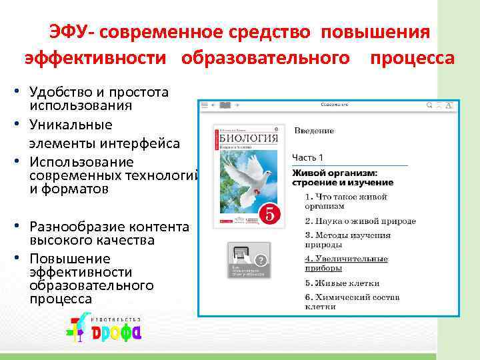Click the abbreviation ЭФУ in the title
coord(66,32)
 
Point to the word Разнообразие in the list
coord(77,226)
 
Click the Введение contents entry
coord(314,131)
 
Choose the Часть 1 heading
coord(307,157)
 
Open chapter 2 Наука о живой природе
coord(361,221)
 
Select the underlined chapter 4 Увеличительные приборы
coord(346,263)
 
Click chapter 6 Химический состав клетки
coord(351,301)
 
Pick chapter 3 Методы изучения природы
coord(348,239)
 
